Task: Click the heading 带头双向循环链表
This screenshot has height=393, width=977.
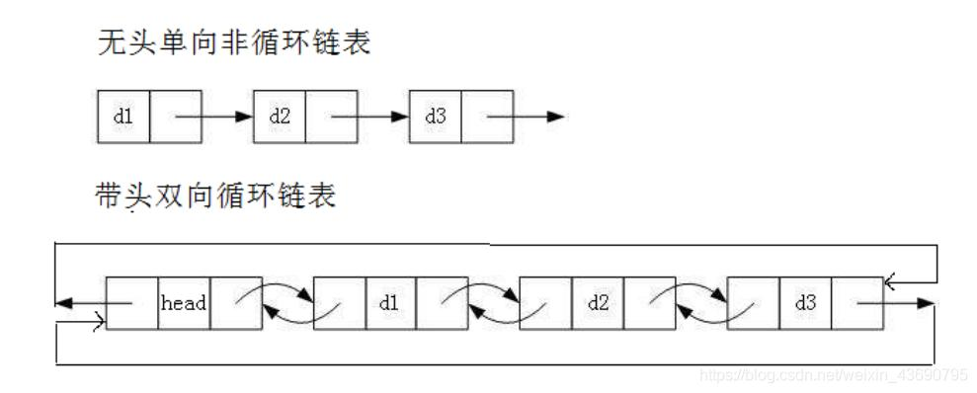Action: (213, 196)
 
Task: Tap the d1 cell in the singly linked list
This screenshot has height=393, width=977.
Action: (123, 116)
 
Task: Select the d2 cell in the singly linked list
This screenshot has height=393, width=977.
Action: (280, 116)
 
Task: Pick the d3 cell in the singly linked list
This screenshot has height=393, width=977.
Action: (435, 116)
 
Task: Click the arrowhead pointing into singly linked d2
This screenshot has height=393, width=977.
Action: (246, 117)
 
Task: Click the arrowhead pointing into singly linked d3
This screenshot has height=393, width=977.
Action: (401, 117)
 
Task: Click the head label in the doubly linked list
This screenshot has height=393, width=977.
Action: (183, 303)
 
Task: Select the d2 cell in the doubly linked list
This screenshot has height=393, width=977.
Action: (598, 303)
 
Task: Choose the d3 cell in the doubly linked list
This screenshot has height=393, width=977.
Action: (804, 303)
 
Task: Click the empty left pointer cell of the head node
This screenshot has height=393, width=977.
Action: (131, 303)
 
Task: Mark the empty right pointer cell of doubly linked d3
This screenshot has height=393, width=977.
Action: (857, 303)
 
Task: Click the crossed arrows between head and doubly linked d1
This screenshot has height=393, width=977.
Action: (287, 303)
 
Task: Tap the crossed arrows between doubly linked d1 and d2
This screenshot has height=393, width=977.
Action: (494, 303)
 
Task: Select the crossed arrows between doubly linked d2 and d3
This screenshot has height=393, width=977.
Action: (701, 303)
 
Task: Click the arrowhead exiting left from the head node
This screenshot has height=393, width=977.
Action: (64, 303)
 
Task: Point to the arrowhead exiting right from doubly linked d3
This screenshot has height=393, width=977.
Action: (926, 303)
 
